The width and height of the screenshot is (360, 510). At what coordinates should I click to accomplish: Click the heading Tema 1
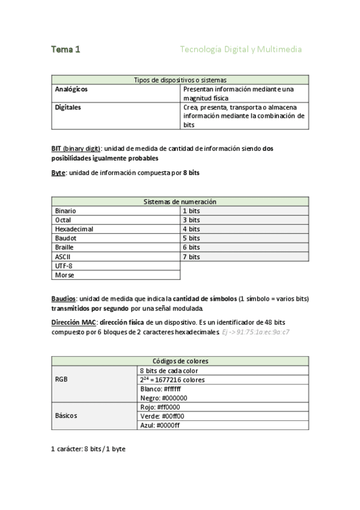pyautogui.click(x=66, y=50)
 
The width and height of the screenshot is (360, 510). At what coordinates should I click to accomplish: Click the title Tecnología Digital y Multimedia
pyautogui.click(x=240, y=50)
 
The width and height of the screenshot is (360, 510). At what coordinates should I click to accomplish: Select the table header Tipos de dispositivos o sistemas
pyautogui.click(x=180, y=80)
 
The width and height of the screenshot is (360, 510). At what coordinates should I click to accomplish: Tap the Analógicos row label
pyautogui.click(x=71, y=89)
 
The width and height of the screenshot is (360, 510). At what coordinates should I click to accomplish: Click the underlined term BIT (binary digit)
pyautogui.click(x=76, y=148)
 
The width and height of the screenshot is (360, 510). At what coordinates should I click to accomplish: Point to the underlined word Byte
pyautogui.click(x=58, y=173)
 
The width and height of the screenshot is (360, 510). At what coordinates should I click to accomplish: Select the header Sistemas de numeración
pyautogui.click(x=180, y=202)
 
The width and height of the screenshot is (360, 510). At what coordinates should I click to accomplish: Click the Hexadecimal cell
pyautogui.click(x=74, y=229)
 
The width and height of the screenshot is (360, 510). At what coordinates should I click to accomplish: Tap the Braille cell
pyautogui.click(x=64, y=247)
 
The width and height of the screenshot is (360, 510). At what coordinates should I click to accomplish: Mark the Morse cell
pyautogui.click(x=64, y=275)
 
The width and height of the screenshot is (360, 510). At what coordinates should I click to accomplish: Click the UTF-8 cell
pyautogui.click(x=64, y=266)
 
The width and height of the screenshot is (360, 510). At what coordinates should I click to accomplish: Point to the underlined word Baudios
pyautogui.click(x=63, y=298)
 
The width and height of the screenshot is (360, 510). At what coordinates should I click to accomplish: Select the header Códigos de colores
pyautogui.click(x=180, y=361)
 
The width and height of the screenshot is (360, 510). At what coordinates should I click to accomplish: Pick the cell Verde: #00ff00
pyautogui.click(x=162, y=416)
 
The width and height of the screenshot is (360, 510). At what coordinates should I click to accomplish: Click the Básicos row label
pyautogui.click(x=66, y=416)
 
